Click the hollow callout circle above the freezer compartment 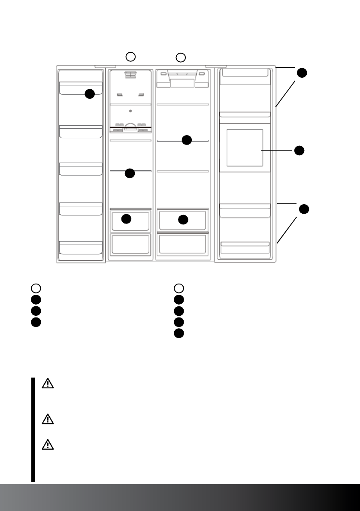[131, 56]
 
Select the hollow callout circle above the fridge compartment [181, 57]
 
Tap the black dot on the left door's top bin [89, 94]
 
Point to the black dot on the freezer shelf [130, 173]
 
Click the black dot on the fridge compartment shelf [186, 140]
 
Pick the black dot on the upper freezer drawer [126, 219]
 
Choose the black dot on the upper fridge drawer [183, 219]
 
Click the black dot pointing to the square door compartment [299, 150]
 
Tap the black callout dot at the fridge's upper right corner [303, 73]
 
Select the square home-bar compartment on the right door [244, 148]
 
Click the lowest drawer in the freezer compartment [130, 244]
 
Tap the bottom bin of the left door [81, 248]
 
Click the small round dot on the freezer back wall [130, 111]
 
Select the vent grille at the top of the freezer [130, 76]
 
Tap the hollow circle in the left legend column [36, 288]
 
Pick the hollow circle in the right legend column [179, 288]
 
